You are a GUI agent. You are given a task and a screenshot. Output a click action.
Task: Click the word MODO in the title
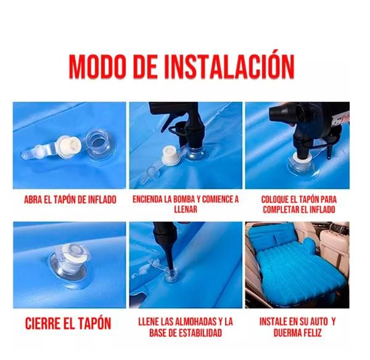tap(97, 67)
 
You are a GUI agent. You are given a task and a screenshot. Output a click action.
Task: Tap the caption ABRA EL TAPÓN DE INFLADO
tap(70, 200)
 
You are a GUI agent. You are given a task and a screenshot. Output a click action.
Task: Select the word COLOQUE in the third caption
tap(275, 200)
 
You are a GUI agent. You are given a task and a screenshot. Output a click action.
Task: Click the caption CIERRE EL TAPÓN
tap(68, 323)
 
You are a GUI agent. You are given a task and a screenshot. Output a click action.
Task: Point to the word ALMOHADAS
tap(193, 322)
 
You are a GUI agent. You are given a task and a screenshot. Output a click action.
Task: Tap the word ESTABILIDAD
tap(200, 333)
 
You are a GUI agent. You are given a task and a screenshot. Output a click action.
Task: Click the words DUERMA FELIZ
tap(298, 333)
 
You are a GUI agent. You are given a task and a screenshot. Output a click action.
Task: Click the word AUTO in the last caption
tap(319, 322)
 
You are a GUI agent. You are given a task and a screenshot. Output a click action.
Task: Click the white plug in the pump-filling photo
tap(171, 156)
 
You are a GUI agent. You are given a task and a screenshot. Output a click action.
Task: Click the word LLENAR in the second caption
tap(186, 209)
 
